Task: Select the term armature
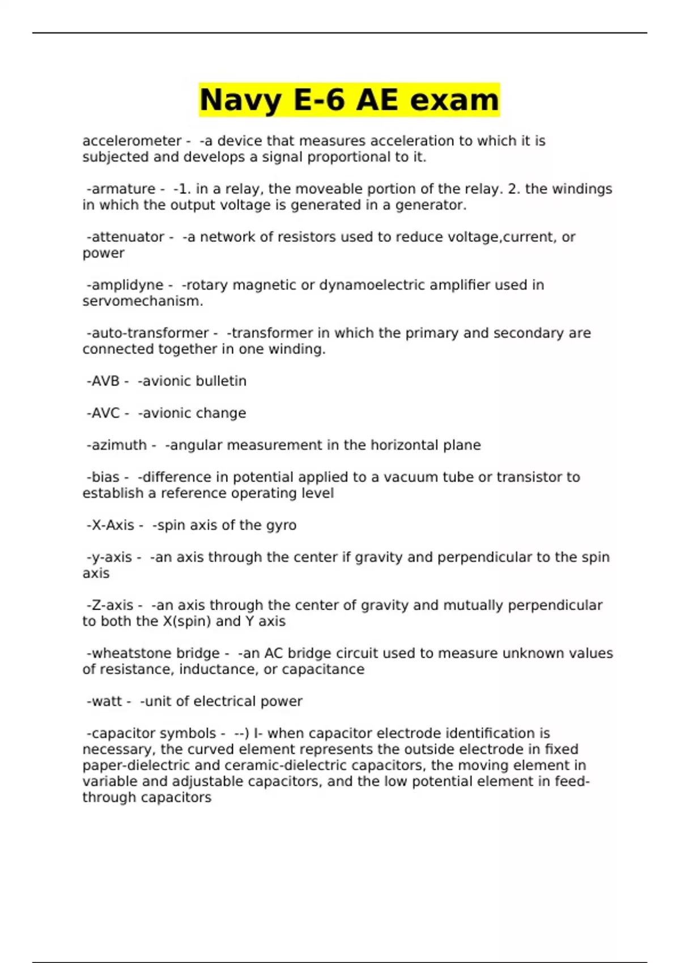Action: point(123,189)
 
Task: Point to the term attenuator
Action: point(127,237)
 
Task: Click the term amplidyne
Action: point(127,285)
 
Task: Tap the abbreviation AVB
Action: point(105,381)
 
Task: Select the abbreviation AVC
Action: point(105,414)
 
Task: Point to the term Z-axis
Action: point(112,606)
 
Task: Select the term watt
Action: point(107,702)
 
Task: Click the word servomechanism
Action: point(142,301)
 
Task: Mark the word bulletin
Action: point(223,381)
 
